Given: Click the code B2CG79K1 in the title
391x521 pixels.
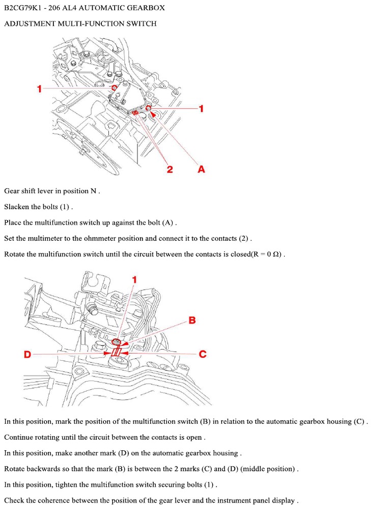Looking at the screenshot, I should click(23, 9).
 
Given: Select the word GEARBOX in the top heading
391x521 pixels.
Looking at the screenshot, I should click(145, 9).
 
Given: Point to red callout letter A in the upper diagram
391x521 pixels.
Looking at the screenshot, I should click(201, 169).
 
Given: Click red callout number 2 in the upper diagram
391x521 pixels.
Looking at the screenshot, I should click(170, 169).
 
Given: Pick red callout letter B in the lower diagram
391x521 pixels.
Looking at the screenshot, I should click(192, 320).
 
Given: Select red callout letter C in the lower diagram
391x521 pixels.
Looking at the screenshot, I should click(203, 354).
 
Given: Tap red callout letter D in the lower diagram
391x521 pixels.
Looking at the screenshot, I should click(28, 354).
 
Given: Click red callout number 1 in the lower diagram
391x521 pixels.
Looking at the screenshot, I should click(135, 279).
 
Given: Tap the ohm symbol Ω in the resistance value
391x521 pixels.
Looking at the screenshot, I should click(276, 254).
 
